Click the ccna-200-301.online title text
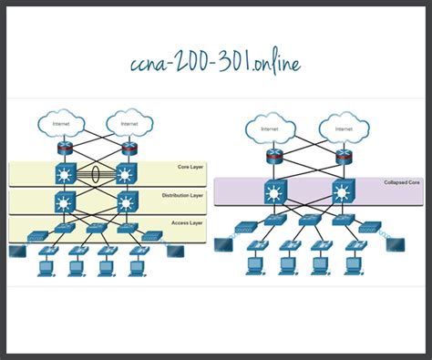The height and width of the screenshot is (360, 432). tap(216, 62)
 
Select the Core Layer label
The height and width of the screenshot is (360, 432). tap(191, 168)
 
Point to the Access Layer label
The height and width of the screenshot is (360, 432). tap(189, 221)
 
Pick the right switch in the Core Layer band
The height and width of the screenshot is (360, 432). tap(125, 173)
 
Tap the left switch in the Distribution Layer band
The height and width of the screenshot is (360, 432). tap(63, 201)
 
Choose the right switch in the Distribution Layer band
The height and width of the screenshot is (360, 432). tap(125, 201)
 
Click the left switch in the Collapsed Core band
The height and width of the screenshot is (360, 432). tap(273, 192)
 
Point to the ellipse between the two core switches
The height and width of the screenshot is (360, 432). tap(94, 173)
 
